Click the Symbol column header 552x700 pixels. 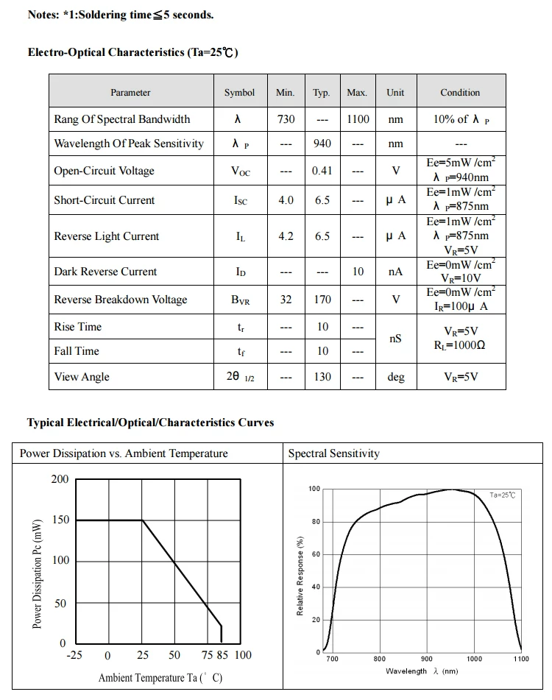pyautogui.click(x=239, y=93)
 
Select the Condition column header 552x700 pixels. pyautogui.click(x=460, y=93)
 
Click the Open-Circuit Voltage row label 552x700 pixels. pyautogui.click(x=104, y=171)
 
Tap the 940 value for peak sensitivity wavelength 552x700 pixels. pyautogui.click(x=322, y=144)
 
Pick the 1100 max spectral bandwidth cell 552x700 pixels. pyautogui.click(x=358, y=119)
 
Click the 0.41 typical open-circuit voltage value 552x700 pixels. pyautogui.click(x=322, y=171)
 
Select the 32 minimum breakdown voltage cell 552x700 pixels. pyautogui.click(x=286, y=300)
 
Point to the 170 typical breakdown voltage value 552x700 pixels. pyautogui.click(x=322, y=300)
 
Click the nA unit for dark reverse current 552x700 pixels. pyautogui.click(x=396, y=272)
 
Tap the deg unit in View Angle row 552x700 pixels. pyautogui.click(x=396, y=377)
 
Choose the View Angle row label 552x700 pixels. pyautogui.click(x=82, y=377)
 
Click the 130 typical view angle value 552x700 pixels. pyautogui.click(x=322, y=377)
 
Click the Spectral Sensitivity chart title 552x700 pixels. pyautogui.click(x=334, y=453)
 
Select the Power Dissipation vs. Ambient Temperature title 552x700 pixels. pyautogui.click(x=124, y=453)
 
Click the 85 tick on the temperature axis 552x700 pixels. pyautogui.click(x=222, y=655)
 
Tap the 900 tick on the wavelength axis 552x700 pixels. pyautogui.click(x=427, y=659)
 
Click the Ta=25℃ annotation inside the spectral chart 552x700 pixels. pyautogui.click(x=503, y=495)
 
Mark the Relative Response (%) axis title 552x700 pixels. pyautogui.click(x=300, y=575)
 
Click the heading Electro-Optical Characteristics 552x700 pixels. pyautogui.click(x=132, y=52)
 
